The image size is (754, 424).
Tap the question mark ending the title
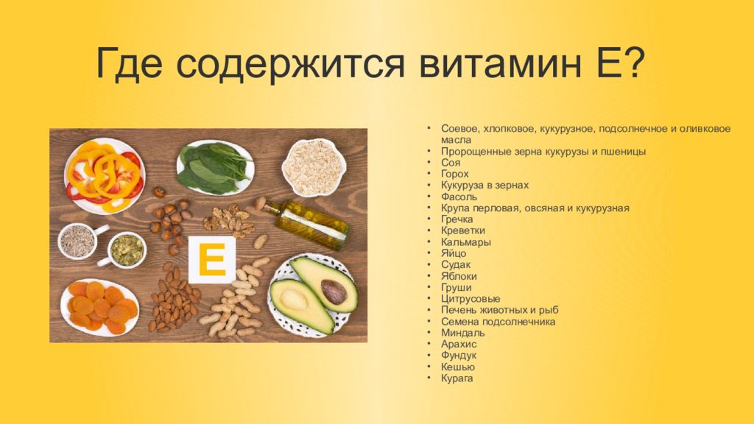pyautogui.click(x=628, y=62)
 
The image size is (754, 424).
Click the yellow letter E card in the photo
pyautogui.click(x=212, y=260)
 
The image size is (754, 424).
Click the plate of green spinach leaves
pyautogui.click(x=215, y=168)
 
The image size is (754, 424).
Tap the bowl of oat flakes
pyautogui.click(x=314, y=167)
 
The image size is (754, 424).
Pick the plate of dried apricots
pyautogui.click(x=100, y=307)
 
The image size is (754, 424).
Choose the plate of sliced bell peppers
pyautogui.click(x=105, y=176)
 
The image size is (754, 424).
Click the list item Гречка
pyautogui.click(x=457, y=219)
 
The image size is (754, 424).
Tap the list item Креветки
pyautogui.click(x=463, y=230)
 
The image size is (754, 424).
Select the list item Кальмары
pyautogui.click(x=466, y=242)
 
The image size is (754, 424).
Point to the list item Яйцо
pyautogui.click(x=454, y=253)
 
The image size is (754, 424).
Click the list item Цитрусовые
pyautogui.click(x=471, y=299)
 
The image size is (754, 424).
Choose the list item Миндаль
pyautogui.click(x=462, y=333)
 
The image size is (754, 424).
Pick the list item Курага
pyautogui.click(x=457, y=378)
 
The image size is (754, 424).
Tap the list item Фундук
pyautogui.click(x=459, y=356)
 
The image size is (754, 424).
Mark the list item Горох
pyautogui.click(x=454, y=174)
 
